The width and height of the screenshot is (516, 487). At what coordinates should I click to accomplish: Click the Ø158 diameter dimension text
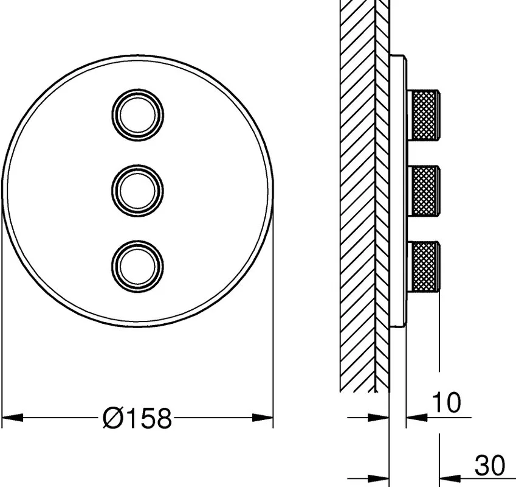click(137, 418)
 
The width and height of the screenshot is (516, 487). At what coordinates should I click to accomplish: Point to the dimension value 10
click(446, 402)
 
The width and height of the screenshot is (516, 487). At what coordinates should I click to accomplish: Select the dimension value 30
click(489, 466)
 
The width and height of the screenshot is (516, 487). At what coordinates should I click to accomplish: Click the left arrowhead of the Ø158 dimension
click(13, 418)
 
